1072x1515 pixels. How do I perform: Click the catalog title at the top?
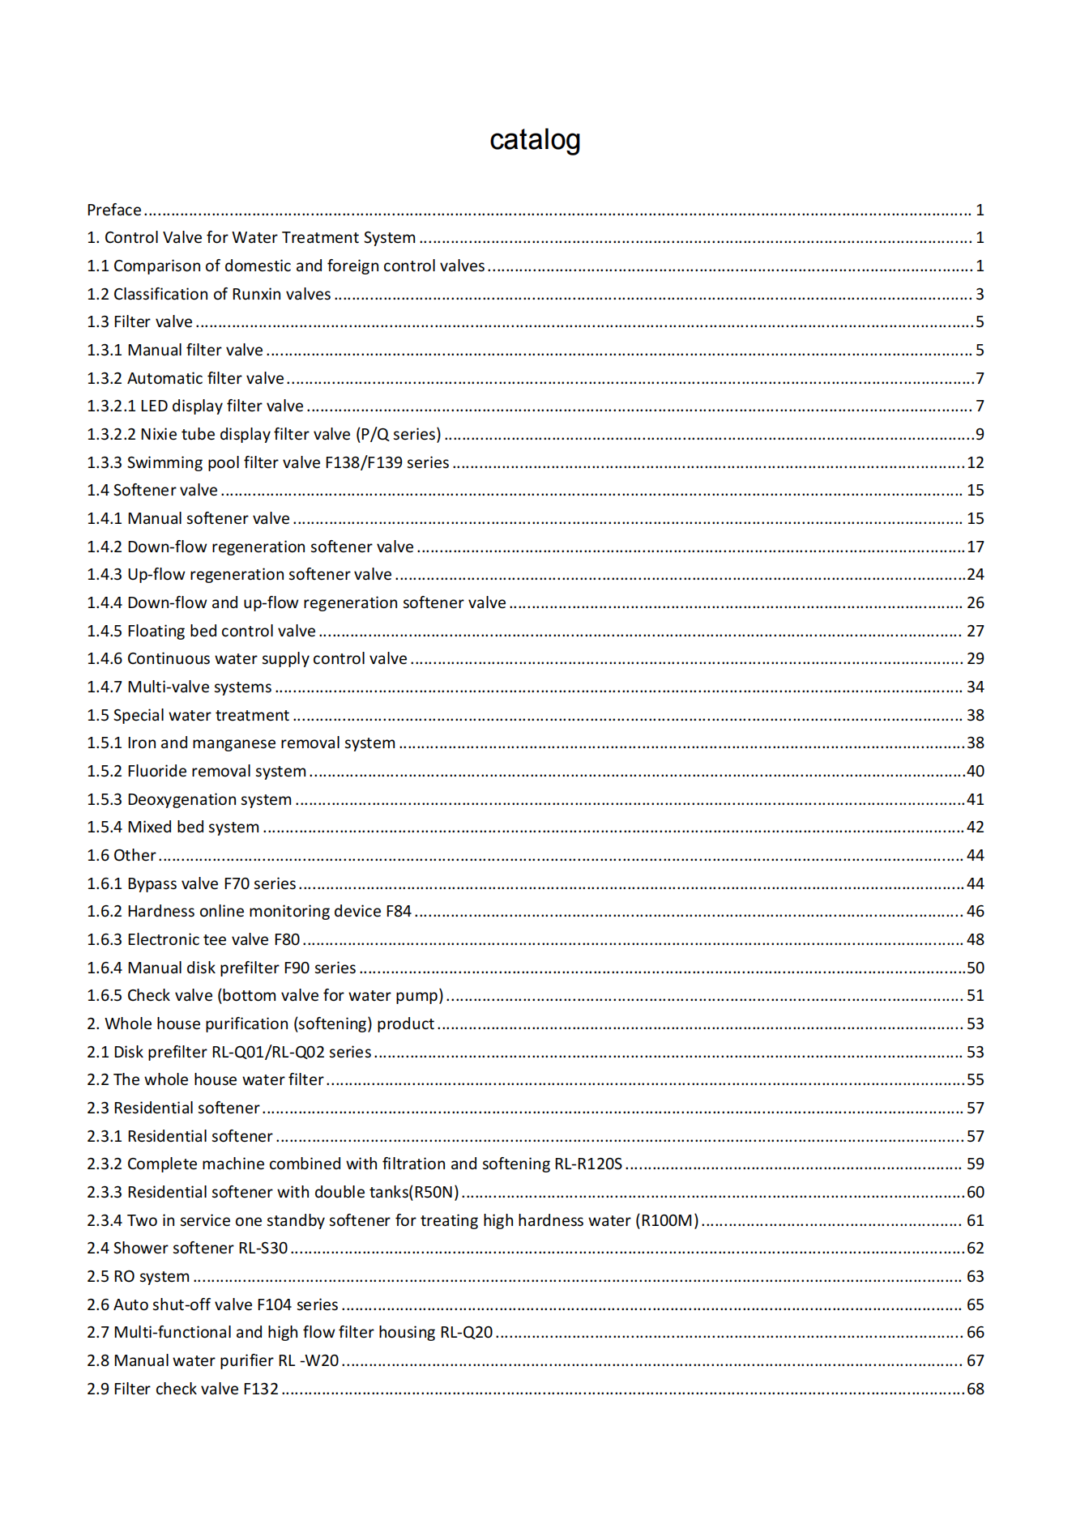pos(535,140)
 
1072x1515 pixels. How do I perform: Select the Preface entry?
pos(114,211)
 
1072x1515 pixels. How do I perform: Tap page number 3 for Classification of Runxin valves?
pos(980,295)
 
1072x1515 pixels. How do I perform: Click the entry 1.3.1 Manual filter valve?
pos(175,351)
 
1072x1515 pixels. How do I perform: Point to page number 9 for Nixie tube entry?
pos(980,435)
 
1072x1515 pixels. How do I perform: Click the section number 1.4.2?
pos(105,547)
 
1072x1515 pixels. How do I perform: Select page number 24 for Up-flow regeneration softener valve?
pos(976,575)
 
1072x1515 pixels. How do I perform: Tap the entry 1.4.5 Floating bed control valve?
pos(202,632)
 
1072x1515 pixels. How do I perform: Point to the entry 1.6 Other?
pos(122,856)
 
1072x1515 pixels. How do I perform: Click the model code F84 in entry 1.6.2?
pos(399,912)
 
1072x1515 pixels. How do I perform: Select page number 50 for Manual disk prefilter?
pos(976,968)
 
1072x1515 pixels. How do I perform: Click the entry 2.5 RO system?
pos(139,1277)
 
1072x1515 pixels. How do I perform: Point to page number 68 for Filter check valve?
pos(976,1389)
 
